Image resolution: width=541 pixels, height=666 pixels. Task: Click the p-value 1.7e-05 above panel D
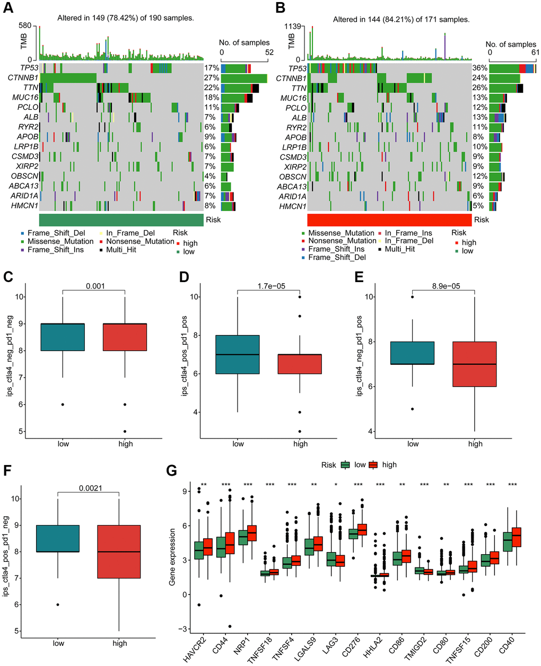point(268,286)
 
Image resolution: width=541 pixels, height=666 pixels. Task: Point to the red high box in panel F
point(119,551)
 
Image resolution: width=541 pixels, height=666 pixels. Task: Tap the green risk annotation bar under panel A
point(121,220)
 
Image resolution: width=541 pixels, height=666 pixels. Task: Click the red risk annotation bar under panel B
point(389,220)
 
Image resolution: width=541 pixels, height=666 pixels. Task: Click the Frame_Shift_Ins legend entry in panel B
point(336,249)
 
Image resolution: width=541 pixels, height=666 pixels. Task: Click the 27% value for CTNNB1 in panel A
point(211,78)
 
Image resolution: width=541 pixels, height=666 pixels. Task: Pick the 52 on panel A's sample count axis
point(269,52)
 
